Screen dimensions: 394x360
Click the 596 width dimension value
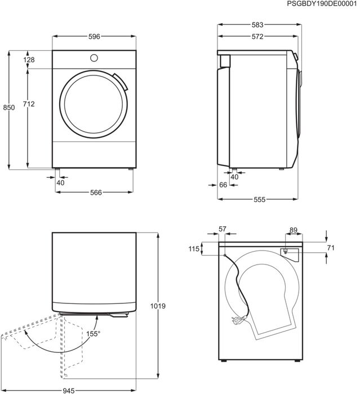coord(94,37)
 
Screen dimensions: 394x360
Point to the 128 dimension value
coord(29,60)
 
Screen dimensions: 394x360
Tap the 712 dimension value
coord(29,104)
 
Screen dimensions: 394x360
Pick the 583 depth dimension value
coord(257,25)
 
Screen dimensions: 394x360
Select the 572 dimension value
coord(257,37)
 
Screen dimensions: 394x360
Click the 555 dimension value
coord(259,200)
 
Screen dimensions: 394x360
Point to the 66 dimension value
coord(223,185)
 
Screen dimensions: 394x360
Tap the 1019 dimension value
coord(158,306)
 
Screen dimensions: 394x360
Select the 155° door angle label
coord(93,334)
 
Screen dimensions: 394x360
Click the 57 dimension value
coord(221,229)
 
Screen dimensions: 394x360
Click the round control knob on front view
coord(94,58)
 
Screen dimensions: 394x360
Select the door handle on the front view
coord(119,82)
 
